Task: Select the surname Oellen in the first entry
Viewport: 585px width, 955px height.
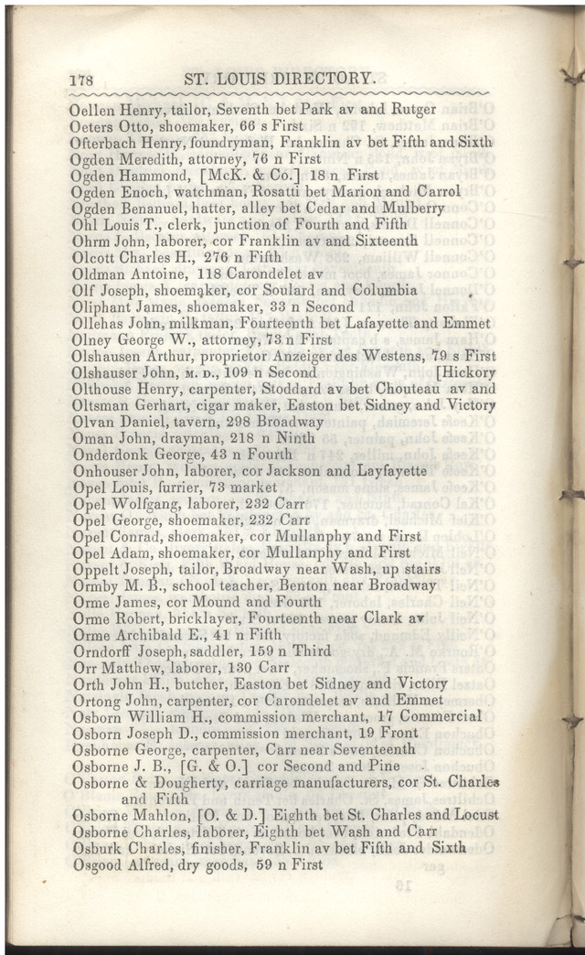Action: click(x=91, y=110)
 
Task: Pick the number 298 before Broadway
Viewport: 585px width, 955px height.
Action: click(x=246, y=422)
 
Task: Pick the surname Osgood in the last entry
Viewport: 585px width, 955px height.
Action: click(x=96, y=864)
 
